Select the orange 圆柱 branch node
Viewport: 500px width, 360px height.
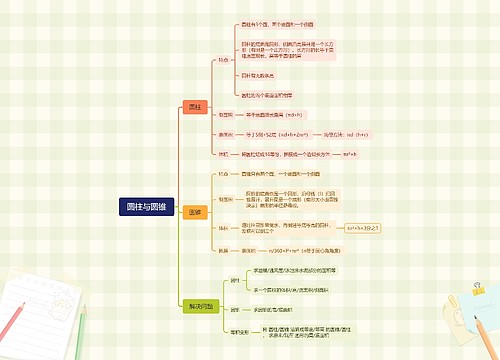click(x=196, y=106)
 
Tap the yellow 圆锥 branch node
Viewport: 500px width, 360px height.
click(x=196, y=212)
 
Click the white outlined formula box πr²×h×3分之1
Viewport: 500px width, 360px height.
click(x=366, y=228)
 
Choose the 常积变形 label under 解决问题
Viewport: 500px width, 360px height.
click(x=239, y=331)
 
